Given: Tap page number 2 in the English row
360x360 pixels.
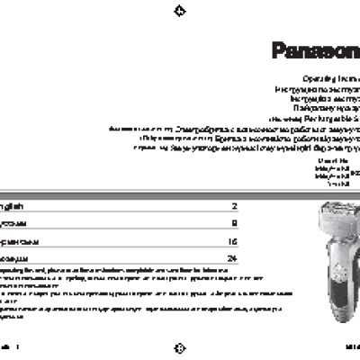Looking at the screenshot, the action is [x=234, y=206].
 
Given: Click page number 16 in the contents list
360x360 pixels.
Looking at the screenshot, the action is [x=232, y=241].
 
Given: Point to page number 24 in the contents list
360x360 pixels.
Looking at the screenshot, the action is [x=232, y=259].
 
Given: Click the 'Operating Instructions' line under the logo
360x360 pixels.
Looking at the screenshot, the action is [x=332, y=79].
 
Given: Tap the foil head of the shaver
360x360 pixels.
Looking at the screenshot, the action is [x=328, y=214].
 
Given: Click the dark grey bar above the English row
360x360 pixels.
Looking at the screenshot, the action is [x=117, y=194].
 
